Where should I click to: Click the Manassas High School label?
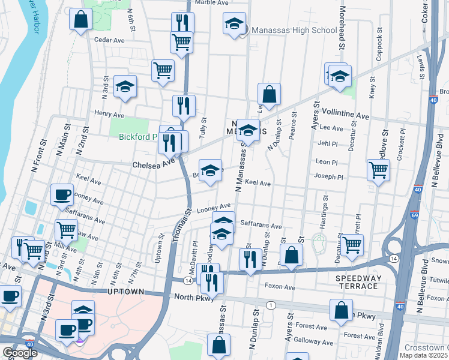[294, 30]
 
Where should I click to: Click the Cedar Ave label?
[109, 40]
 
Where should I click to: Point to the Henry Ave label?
[109, 114]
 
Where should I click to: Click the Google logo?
[20, 353]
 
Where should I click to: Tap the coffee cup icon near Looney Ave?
[62, 194]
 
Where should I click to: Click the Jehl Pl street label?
[329, 143]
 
